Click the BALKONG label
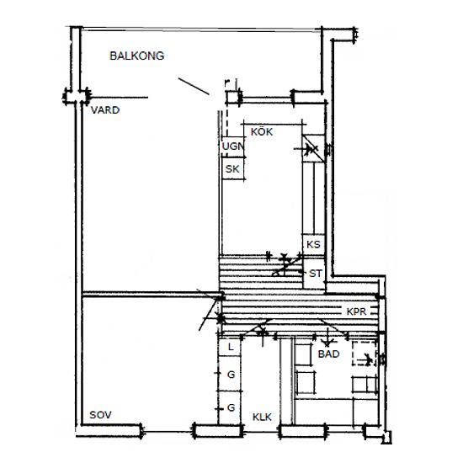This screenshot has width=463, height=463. pos(136,56)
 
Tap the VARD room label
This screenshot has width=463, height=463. pos(105,110)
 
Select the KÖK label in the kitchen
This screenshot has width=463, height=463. pos(262,131)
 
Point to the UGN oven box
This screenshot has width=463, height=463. pos(233,146)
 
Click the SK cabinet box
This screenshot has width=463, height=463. pos(233,168)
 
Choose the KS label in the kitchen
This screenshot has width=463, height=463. pos(313,244)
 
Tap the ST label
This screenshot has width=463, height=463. pos(316,274)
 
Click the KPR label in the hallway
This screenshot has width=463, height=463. pos(356,311)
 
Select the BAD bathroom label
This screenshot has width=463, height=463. pos(328,354)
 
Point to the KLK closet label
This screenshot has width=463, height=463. pos(262,417)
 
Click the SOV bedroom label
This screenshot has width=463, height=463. pos(100,415)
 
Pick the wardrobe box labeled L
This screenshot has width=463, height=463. pos(230,347)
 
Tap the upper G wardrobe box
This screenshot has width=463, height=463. pos(230,374)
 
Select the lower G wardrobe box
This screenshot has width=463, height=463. pos(230,407)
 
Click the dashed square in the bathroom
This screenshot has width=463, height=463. pos(365,354)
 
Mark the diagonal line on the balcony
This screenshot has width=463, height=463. pos(194,86)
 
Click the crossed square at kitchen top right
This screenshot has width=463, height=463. pos(313,148)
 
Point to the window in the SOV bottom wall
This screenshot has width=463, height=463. pos(168,431)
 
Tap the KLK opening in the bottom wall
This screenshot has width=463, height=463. pos(261,431)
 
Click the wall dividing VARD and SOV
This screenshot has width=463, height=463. pos(152,294)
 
